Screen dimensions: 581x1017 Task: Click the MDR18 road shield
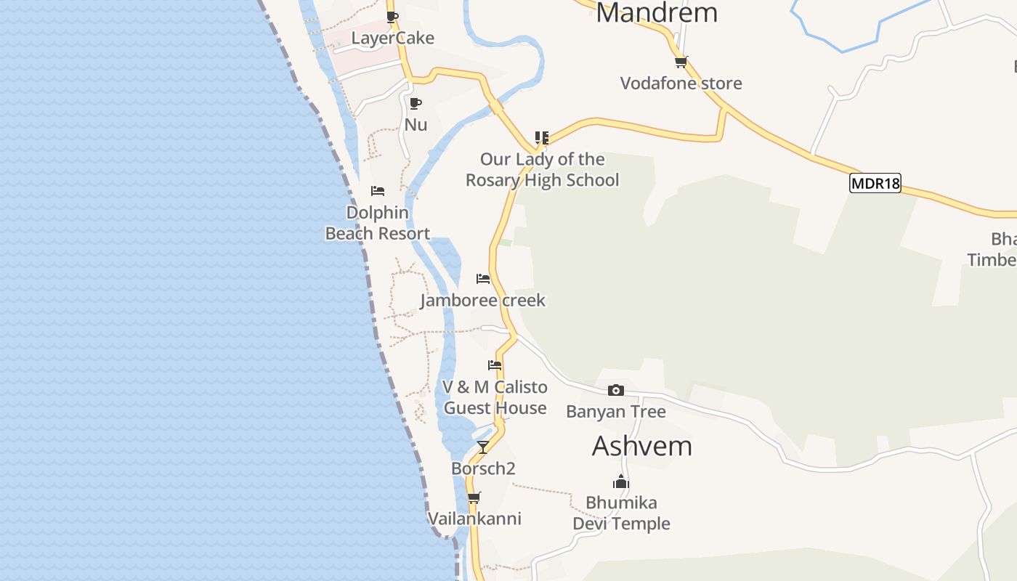click(x=875, y=183)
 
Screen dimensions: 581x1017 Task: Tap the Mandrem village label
click(x=657, y=12)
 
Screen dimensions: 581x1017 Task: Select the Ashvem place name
click(x=642, y=446)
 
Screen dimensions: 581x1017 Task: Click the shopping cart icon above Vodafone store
click(x=681, y=62)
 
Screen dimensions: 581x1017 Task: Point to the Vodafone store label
click(x=681, y=83)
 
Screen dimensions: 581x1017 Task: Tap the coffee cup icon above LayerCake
click(x=392, y=17)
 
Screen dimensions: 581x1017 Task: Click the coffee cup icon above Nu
click(x=416, y=103)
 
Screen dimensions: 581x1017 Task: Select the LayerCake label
click(x=392, y=38)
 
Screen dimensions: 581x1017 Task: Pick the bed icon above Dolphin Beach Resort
click(x=378, y=191)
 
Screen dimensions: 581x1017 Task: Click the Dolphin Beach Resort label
click(x=378, y=223)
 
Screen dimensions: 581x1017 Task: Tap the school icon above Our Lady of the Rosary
click(x=542, y=137)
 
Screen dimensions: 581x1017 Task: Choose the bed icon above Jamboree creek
click(x=483, y=278)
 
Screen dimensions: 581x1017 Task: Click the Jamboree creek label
click(x=482, y=300)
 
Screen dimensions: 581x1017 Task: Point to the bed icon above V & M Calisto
click(x=495, y=365)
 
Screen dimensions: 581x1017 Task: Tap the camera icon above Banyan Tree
click(x=616, y=391)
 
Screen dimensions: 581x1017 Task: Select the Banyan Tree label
click(x=616, y=412)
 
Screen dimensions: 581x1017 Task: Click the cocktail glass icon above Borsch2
click(x=483, y=447)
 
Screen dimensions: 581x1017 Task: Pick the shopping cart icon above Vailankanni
click(x=474, y=497)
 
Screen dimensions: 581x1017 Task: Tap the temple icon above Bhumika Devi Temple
click(x=621, y=482)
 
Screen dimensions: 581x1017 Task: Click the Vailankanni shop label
click(x=474, y=519)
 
